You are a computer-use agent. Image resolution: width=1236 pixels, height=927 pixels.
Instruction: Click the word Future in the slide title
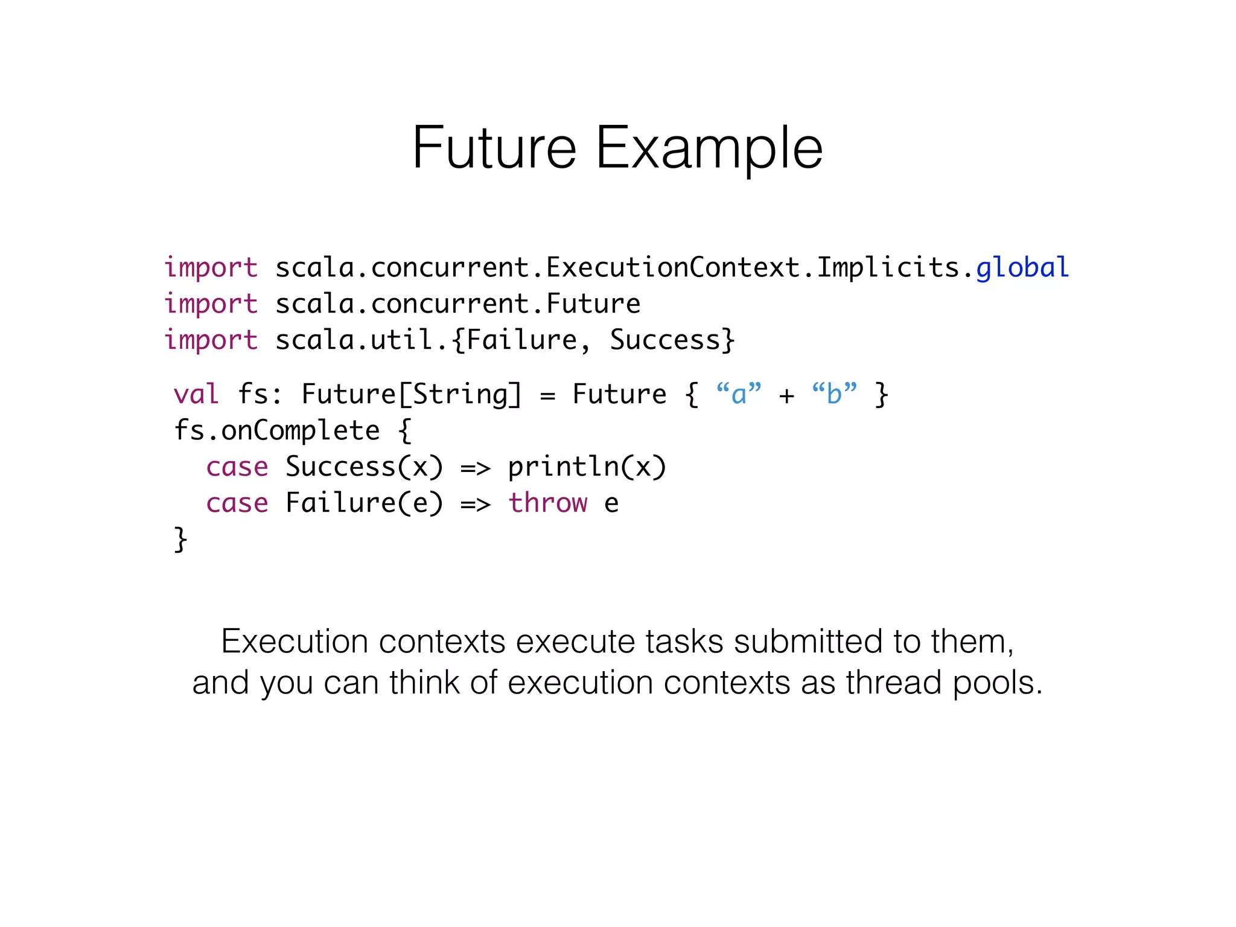click(x=494, y=147)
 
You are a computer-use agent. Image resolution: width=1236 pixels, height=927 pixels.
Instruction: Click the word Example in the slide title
click(x=709, y=148)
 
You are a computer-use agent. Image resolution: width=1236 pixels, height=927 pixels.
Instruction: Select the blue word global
click(x=1022, y=267)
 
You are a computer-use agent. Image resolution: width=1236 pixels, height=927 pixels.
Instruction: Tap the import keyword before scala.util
click(x=211, y=340)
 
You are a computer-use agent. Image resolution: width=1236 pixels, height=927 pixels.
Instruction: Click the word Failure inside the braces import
click(x=522, y=340)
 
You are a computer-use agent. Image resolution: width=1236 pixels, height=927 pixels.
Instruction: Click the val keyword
click(x=196, y=394)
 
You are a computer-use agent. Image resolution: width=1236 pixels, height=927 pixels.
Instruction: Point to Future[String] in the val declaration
click(x=411, y=394)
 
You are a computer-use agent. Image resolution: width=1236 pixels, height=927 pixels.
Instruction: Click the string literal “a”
click(x=739, y=393)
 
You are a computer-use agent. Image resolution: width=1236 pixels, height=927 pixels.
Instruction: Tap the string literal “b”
click(x=834, y=393)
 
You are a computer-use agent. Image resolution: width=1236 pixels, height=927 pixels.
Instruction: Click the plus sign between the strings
click(x=786, y=395)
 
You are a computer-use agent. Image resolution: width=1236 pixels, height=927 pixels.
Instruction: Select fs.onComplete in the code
click(x=277, y=430)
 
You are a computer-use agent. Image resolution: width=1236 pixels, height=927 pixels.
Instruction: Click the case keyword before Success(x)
click(x=237, y=467)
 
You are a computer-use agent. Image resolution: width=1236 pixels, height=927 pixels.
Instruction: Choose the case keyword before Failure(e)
click(x=237, y=503)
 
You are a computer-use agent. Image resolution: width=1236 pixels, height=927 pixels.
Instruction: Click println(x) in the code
click(x=587, y=467)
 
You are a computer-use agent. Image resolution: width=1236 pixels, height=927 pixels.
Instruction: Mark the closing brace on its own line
click(x=180, y=539)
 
